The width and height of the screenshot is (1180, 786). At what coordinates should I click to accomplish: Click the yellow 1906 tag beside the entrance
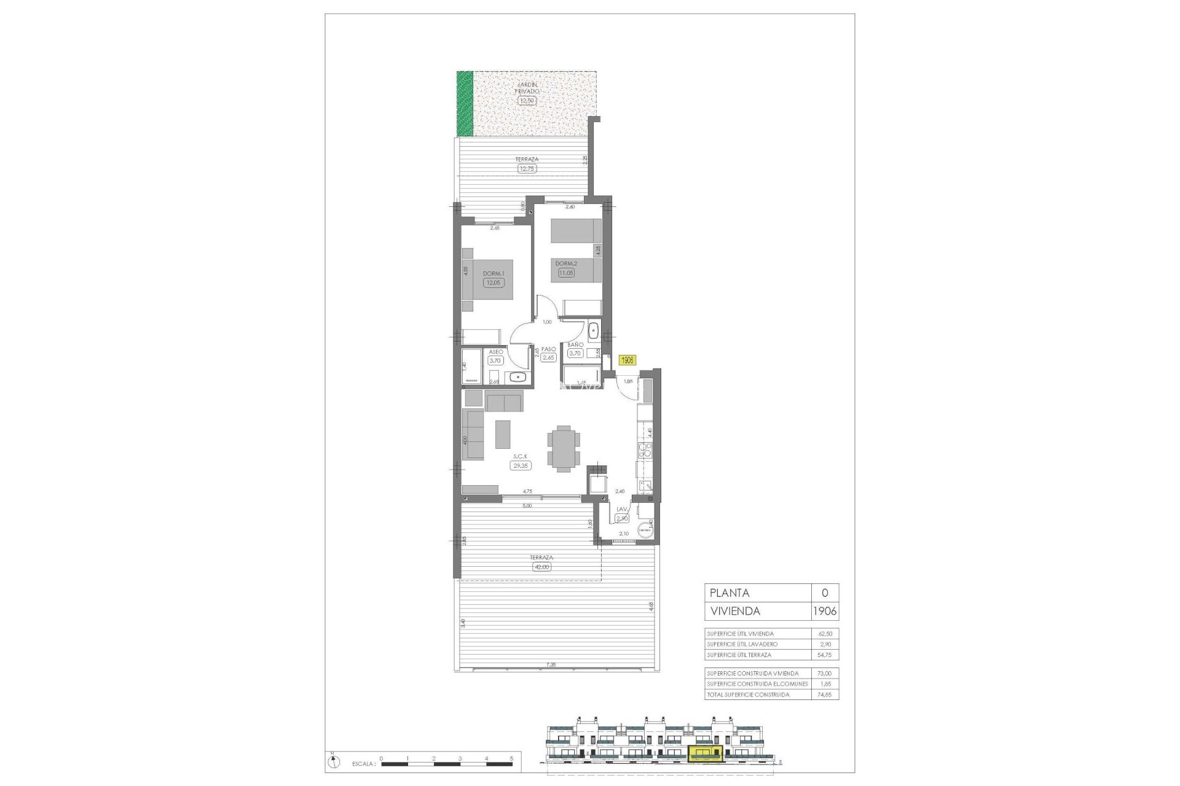click(627, 360)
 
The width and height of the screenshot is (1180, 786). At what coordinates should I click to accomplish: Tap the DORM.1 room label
click(493, 274)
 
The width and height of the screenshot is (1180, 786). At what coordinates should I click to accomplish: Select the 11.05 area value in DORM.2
click(565, 272)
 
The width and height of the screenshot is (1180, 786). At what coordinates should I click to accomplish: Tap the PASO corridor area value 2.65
click(548, 358)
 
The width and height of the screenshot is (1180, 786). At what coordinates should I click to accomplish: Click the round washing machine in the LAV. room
click(644, 530)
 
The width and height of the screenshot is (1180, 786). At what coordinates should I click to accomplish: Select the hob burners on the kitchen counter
click(645, 451)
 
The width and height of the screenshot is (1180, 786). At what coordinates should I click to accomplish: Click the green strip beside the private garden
click(465, 112)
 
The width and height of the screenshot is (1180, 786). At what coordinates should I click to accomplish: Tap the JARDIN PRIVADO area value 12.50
click(527, 100)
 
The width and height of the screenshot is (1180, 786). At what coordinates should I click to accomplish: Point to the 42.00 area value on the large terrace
click(541, 567)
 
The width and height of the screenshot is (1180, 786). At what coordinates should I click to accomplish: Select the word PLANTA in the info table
click(730, 593)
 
